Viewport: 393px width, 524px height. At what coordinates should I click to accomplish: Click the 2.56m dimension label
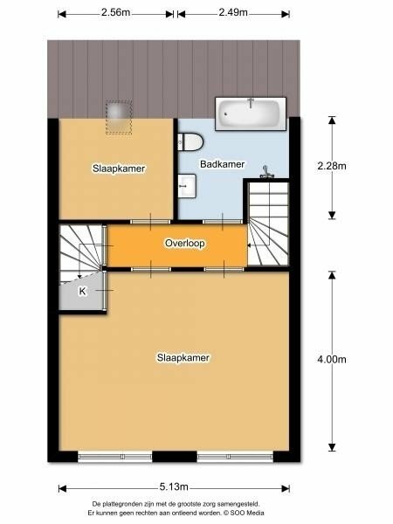pos(115,12)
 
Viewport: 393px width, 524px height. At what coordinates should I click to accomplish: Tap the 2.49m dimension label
pos(233,12)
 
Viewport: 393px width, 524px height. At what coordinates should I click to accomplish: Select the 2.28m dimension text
pos(332,166)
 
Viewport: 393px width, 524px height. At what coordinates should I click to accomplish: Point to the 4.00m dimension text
pos(332,359)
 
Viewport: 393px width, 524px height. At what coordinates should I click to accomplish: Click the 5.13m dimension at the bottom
pos(174,486)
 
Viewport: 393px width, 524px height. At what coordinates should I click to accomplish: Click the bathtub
pos(251,114)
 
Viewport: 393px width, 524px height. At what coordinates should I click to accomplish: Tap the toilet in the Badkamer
pos(190,141)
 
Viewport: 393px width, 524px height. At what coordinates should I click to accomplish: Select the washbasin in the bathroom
pos(187,186)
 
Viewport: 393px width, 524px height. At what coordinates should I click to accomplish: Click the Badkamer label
pos(222,164)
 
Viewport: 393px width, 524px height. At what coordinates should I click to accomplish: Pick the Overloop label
pos(185,243)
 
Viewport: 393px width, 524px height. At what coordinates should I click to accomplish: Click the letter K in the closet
pos(82,291)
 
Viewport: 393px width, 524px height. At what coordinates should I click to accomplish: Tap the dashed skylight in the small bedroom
pos(119,117)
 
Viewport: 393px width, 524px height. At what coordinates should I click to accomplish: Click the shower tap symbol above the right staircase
pos(266,171)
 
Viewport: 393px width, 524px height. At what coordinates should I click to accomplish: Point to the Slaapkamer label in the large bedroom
pos(183,357)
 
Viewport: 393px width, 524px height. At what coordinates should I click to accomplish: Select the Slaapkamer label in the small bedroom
pos(119,169)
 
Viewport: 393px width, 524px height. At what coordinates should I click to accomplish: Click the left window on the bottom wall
pos(115,457)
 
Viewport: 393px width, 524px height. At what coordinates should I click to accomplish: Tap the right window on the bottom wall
pos(235,457)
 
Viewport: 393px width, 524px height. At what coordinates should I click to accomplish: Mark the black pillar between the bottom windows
pos(175,457)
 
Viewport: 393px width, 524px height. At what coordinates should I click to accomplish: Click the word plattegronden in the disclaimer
pos(120,504)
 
